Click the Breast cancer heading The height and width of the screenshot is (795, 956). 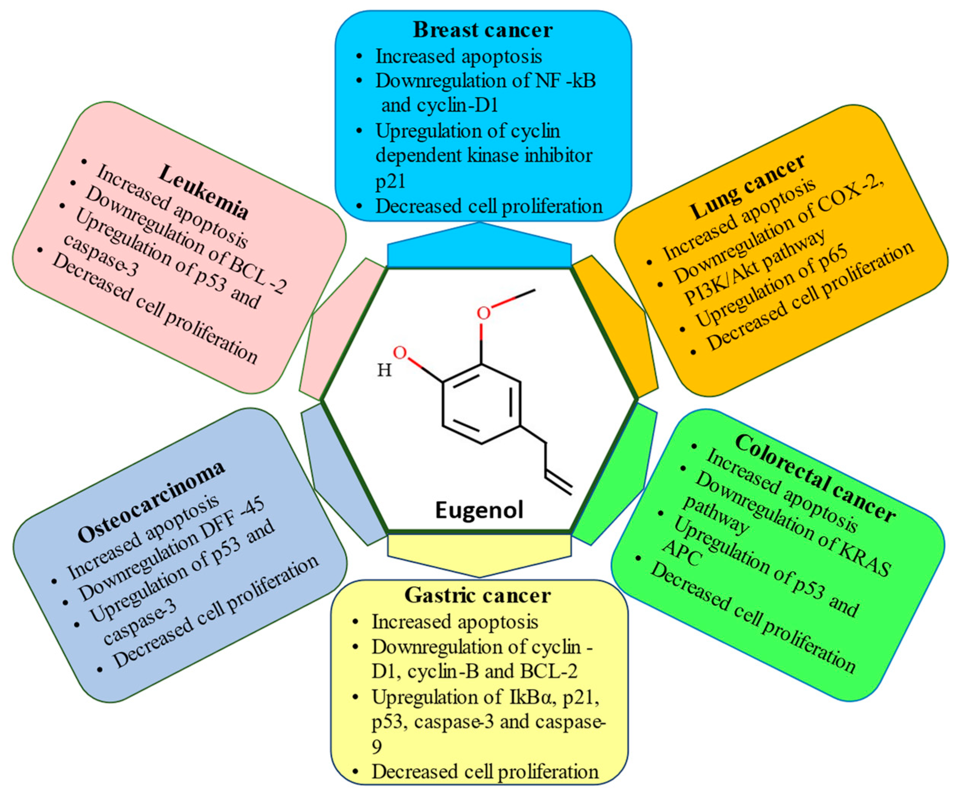[x=482, y=30]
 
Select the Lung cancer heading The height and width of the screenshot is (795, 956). [x=747, y=187]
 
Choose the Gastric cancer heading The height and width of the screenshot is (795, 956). [x=477, y=595]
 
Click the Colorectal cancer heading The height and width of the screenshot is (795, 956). [x=815, y=478]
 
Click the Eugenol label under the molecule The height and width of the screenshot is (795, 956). [x=479, y=510]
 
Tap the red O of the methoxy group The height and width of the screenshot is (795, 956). [x=484, y=313]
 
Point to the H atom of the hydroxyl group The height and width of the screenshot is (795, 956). [x=384, y=370]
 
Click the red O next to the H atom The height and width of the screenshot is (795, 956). [x=400, y=353]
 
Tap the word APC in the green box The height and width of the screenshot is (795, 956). [x=681, y=553]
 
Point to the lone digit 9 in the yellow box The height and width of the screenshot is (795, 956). [x=377, y=747]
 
